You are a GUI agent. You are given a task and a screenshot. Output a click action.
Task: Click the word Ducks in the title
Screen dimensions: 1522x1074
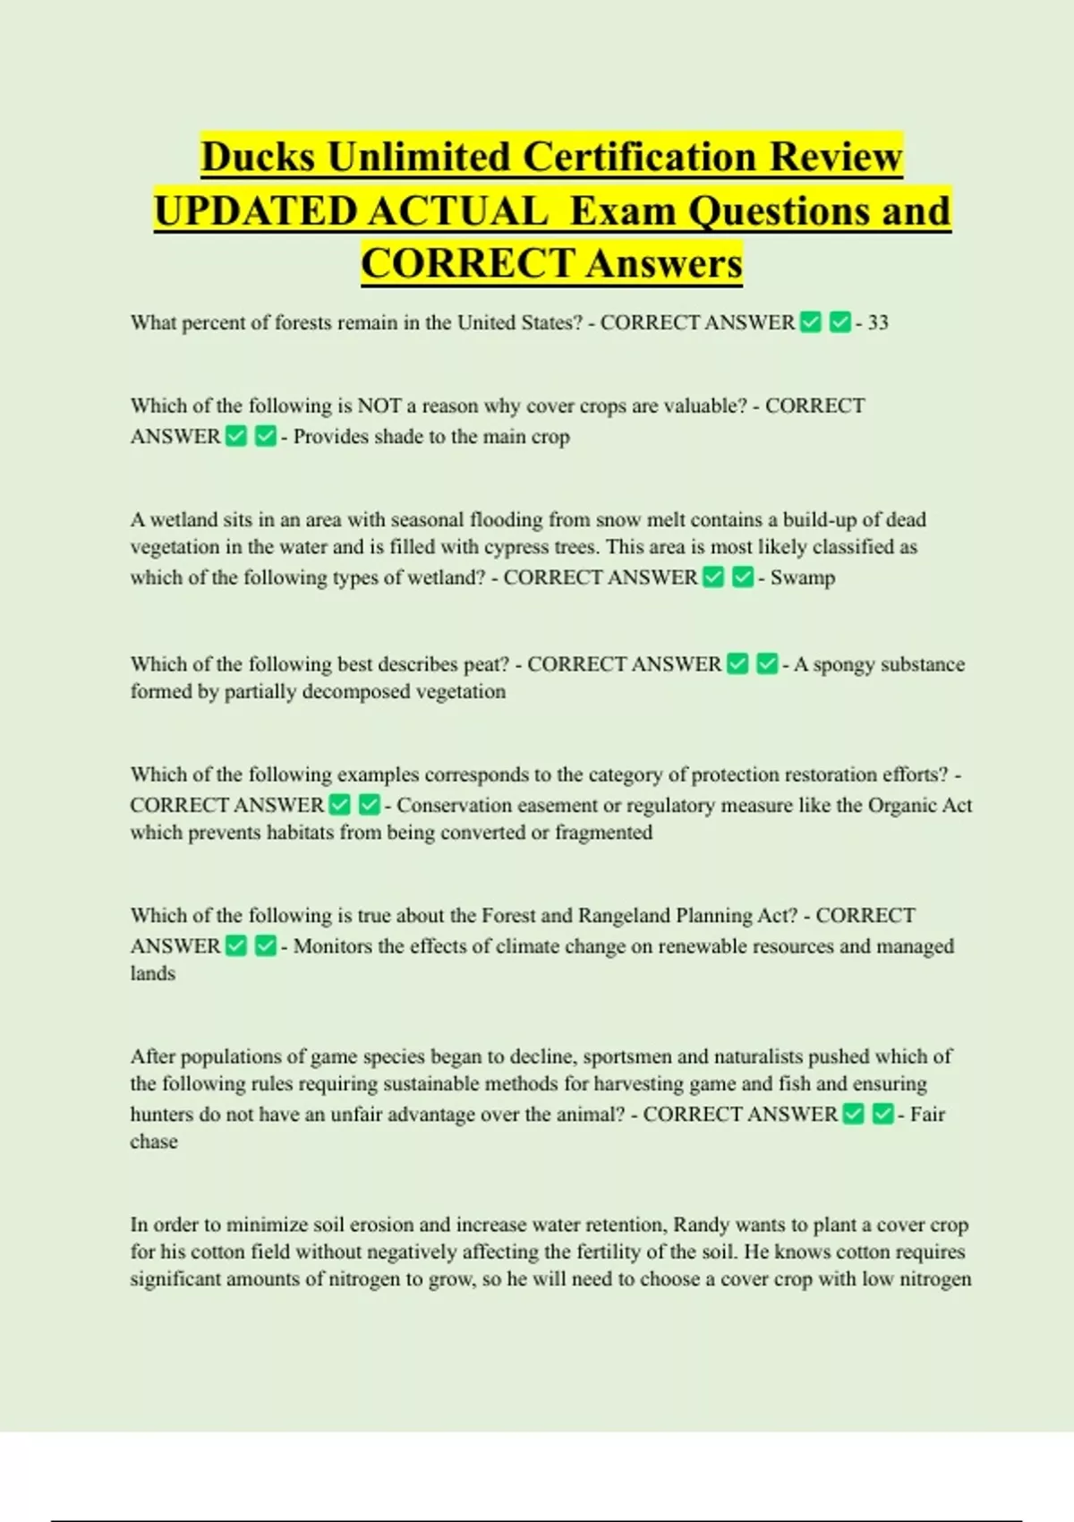click(258, 158)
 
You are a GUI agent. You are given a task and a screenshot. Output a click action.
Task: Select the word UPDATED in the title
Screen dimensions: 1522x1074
click(255, 212)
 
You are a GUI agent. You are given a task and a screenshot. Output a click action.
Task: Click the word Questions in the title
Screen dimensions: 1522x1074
click(771, 212)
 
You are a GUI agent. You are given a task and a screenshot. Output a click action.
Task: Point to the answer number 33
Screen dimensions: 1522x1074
click(878, 323)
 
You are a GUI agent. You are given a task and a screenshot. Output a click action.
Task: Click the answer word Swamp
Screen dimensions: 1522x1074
click(803, 577)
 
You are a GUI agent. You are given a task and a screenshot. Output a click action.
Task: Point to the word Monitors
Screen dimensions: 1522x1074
click(332, 946)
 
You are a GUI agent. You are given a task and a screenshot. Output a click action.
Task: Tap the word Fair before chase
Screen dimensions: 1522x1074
click(927, 1115)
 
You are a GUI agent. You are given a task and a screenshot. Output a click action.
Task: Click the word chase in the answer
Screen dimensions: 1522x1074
click(154, 1142)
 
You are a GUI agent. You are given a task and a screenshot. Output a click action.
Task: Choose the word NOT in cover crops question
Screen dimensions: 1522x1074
click(379, 406)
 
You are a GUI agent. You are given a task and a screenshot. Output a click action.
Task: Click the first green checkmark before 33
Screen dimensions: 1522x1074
click(811, 322)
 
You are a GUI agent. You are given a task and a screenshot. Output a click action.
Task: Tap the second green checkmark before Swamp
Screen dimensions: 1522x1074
click(743, 577)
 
